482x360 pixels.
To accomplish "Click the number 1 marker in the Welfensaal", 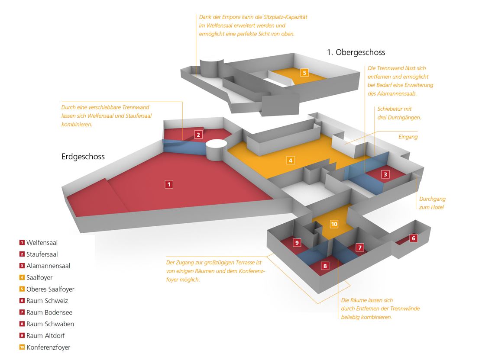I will click(x=169, y=184).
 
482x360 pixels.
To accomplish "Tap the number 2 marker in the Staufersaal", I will click(x=198, y=134).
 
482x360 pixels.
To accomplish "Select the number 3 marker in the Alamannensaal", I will click(x=385, y=174).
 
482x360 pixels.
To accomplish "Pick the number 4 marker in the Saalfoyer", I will click(x=291, y=161).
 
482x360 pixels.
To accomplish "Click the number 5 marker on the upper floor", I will click(x=305, y=72).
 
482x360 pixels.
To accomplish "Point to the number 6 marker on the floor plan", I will click(x=413, y=238).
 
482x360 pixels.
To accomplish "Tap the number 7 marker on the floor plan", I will click(x=360, y=247).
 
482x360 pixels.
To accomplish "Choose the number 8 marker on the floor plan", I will click(x=325, y=266).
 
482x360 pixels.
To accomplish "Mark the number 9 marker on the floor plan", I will click(x=297, y=243).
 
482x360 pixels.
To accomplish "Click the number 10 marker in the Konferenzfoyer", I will click(x=334, y=224).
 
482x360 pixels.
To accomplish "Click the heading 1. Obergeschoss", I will click(x=356, y=52).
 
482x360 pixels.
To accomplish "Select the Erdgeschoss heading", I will click(x=83, y=157).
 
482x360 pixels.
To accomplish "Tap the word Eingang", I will click(x=408, y=137).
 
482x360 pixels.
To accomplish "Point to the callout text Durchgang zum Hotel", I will click(x=432, y=203).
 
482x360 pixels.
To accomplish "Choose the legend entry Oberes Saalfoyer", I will click(x=50, y=289).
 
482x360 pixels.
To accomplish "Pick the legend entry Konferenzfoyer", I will click(x=48, y=347).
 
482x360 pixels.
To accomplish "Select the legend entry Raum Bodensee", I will click(x=49, y=312).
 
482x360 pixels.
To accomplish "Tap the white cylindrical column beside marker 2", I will click(x=215, y=150).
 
